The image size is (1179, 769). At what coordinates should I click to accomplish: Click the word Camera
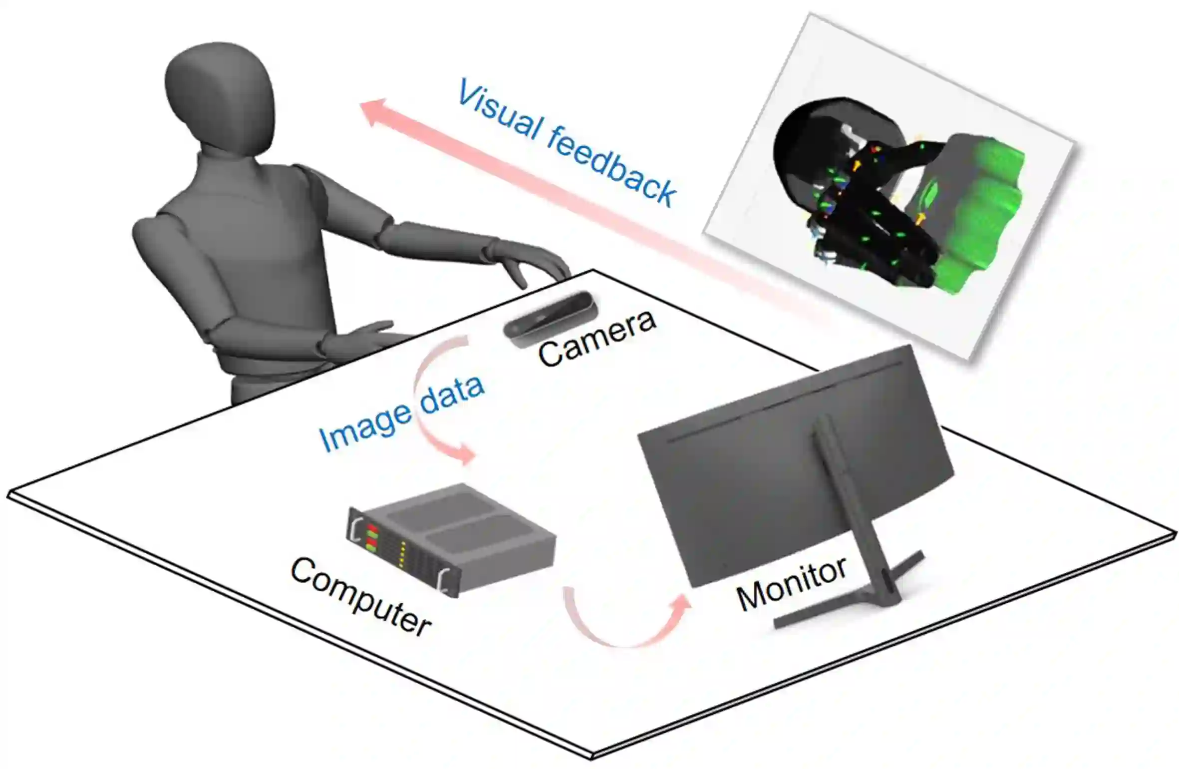point(597,338)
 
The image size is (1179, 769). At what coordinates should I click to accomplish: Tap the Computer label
point(360,596)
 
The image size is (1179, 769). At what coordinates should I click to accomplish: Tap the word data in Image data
point(452,392)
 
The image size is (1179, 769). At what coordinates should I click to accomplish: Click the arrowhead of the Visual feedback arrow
point(373,113)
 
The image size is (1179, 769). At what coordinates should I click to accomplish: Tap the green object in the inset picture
point(978,210)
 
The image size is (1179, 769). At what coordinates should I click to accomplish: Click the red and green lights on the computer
point(372,537)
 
